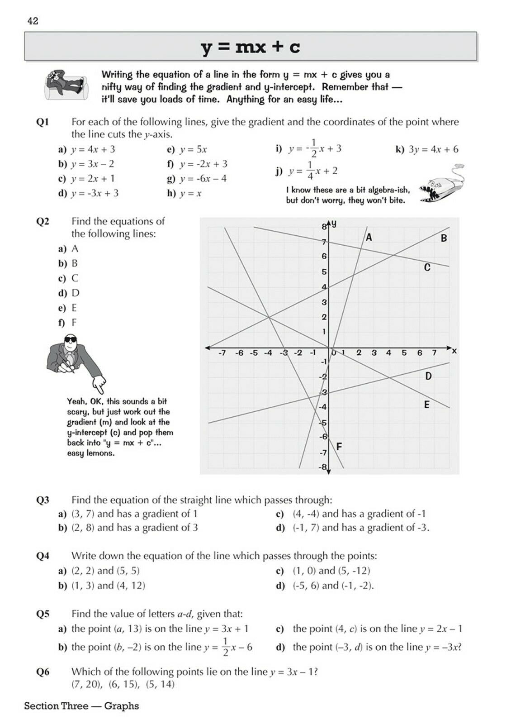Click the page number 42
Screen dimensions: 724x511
tap(33, 21)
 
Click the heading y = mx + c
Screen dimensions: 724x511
tap(251, 47)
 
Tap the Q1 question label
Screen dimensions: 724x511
tap(43, 122)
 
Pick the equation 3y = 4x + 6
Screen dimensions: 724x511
tap(433, 149)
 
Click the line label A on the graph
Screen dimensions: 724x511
tap(369, 237)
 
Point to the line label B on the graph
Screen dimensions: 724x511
tap(444, 238)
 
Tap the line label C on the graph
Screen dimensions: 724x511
tap(427, 267)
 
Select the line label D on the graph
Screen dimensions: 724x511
tap(428, 376)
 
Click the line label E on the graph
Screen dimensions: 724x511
tap(426, 405)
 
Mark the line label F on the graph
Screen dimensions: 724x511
tap(339, 447)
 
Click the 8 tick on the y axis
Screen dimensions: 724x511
tap(324, 227)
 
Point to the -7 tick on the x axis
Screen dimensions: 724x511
tap(222, 353)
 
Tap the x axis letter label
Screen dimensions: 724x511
tap(454, 351)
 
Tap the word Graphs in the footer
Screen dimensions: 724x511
tap(121, 706)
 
